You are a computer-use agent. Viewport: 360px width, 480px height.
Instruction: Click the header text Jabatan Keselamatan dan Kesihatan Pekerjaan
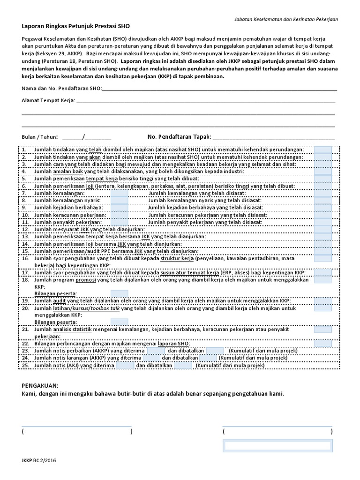pyautogui.click(x=286, y=19)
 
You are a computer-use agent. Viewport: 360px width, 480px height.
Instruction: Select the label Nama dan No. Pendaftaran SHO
pyautogui.click(x=61, y=89)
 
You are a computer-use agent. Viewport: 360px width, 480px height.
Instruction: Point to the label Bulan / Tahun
pyautogui.click(x=40, y=137)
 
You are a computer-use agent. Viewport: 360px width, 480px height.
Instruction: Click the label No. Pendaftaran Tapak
pyautogui.click(x=179, y=137)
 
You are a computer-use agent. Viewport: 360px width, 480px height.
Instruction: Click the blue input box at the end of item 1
pyautogui.click(x=322, y=150)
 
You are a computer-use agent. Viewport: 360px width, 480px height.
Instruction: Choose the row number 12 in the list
pyautogui.click(x=25, y=229)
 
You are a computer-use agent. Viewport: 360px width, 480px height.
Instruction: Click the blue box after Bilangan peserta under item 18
pyautogui.click(x=119, y=293)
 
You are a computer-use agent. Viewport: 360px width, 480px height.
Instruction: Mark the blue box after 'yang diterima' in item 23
pyautogui.click(x=156, y=350)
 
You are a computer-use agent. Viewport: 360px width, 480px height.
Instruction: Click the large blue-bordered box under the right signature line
pyautogui.click(x=277, y=446)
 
